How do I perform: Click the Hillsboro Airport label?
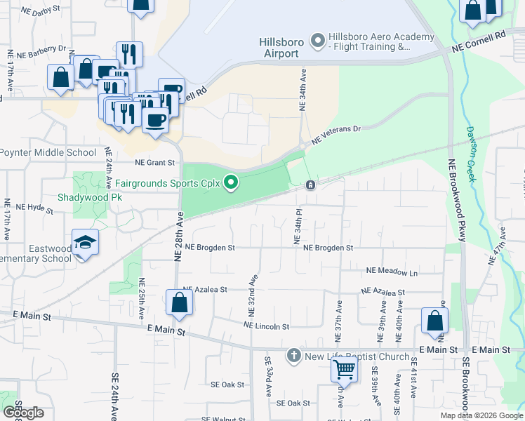[281, 47]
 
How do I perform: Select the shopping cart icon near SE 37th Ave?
[344, 368]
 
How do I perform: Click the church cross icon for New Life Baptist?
[294, 356]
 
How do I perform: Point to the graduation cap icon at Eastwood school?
[85, 243]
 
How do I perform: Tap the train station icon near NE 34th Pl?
[310, 185]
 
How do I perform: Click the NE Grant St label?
[154, 163]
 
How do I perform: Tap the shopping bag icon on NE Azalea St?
[179, 302]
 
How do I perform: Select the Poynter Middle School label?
[47, 152]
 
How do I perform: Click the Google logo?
[23, 412]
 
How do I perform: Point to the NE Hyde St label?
[34, 208]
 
